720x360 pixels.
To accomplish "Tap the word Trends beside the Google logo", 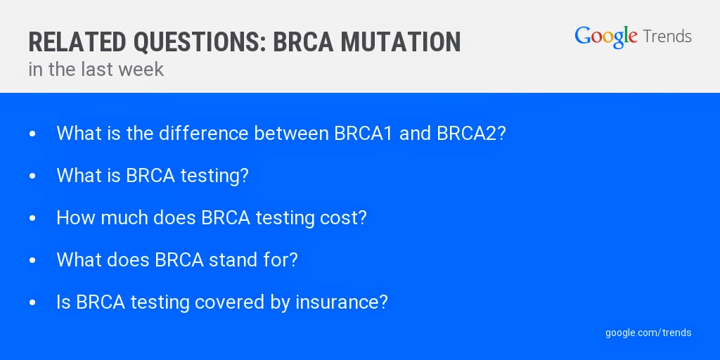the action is [x=667, y=36].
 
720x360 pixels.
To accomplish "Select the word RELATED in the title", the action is [x=77, y=42].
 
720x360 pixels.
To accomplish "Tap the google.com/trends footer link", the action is [x=648, y=333].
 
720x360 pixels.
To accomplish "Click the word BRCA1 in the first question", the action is [x=364, y=133].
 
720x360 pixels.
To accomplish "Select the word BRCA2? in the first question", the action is [x=471, y=133].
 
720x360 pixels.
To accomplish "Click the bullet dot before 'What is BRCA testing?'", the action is [x=32, y=176].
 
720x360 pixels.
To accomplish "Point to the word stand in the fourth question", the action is [x=232, y=260].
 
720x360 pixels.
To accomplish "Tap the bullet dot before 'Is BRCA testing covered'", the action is [x=32, y=303].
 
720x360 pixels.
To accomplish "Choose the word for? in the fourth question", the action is [x=281, y=260].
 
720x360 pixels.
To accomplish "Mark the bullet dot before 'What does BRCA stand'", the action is [x=32, y=261].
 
